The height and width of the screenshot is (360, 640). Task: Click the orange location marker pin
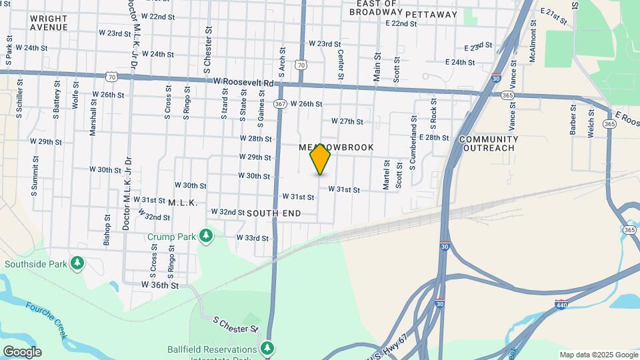point(320,159)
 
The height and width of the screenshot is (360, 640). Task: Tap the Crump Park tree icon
point(207,235)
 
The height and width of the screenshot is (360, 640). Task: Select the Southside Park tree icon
point(78,264)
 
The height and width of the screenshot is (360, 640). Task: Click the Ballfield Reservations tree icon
point(267,348)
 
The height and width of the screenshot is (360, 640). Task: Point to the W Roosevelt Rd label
point(243,82)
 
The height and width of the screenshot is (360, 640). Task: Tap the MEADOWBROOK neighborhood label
point(336,147)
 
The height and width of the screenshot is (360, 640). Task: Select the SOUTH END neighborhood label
point(273,213)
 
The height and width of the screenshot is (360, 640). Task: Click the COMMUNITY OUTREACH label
point(487,143)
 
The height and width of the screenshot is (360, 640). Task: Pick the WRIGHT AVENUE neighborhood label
point(49,23)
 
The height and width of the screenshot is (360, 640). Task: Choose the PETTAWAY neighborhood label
point(431,14)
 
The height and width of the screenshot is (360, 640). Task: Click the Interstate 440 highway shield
point(561,304)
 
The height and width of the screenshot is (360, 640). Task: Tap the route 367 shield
point(280,103)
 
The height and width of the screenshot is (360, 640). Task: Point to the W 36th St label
point(160,285)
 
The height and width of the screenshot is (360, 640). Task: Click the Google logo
point(21,352)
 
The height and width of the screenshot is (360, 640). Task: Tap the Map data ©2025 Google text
point(598,355)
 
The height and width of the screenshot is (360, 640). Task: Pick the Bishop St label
point(107,230)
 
